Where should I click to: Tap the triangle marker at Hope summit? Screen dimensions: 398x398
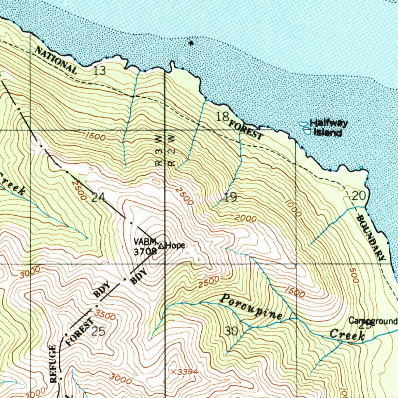click(x=162, y=245)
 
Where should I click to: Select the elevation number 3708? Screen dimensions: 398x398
click(x=145, y=251)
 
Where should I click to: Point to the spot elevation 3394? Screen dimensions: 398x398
click(x=185, y=372)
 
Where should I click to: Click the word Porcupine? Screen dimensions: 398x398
click(x=251, y=307)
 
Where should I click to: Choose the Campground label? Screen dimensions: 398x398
click(x=373, y=321)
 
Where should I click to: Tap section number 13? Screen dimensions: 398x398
click(x=99, y=70)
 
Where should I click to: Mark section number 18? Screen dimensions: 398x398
click(x=222, y=116)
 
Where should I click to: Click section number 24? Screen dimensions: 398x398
click(x=98, y=197)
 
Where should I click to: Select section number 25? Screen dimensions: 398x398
click(x=98, y=332)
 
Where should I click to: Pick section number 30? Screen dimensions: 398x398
click(x=232, y=331)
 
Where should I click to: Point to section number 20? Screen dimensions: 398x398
click(x=359, y=196)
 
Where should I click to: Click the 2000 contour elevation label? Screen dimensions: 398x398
click(x=245, y=219)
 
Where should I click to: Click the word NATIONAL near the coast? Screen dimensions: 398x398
click(x=56, y=60)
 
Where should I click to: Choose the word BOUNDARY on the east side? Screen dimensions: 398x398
click(x=371, y=237)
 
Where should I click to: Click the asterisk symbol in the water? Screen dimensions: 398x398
click(x=190, y=44)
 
